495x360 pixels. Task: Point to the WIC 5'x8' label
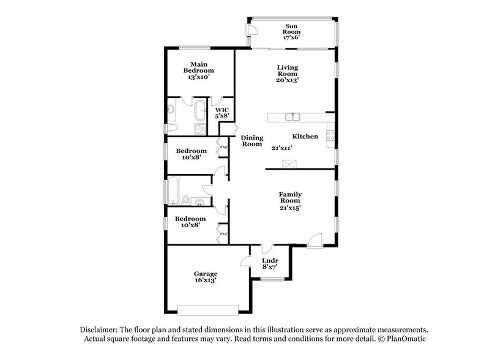pos(221,111)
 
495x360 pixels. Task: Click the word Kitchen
pos(304,137)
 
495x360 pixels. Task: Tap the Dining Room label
pos(251,141)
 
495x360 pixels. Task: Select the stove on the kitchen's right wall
pos(330,132)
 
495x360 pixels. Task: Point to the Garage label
pos(206,277)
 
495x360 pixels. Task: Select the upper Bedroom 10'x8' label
pos(190,153)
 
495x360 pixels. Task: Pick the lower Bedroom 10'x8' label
pos(190,221)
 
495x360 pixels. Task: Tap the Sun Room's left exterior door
pos(250,33)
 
